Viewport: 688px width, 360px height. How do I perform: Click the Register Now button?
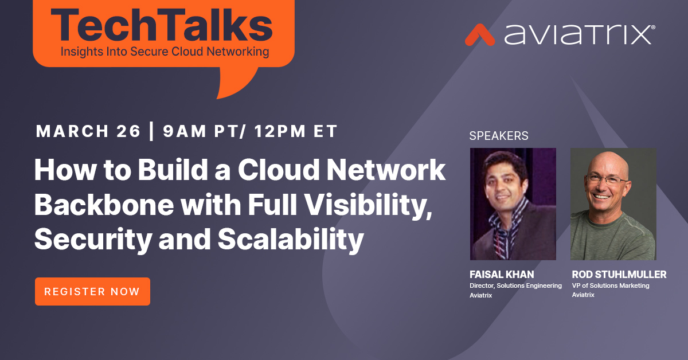92,291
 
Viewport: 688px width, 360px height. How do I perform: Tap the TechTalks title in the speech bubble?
163,26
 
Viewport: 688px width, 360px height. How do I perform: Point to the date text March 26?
88,131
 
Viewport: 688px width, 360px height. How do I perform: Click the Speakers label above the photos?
499,136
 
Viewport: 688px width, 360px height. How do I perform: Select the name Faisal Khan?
502,275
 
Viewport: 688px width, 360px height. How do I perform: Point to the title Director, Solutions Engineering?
515,285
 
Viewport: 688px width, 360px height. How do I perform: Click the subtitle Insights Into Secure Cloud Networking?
164,52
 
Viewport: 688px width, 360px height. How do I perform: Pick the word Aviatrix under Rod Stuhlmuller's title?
583,295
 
